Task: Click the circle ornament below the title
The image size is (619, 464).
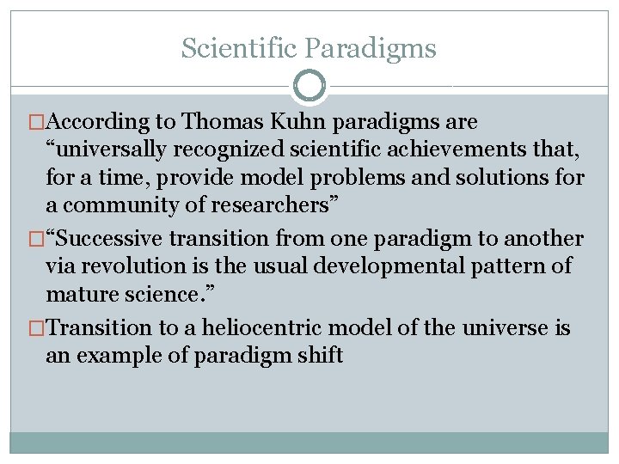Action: coord(309,86)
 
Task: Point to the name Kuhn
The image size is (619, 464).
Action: coord(295,123)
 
